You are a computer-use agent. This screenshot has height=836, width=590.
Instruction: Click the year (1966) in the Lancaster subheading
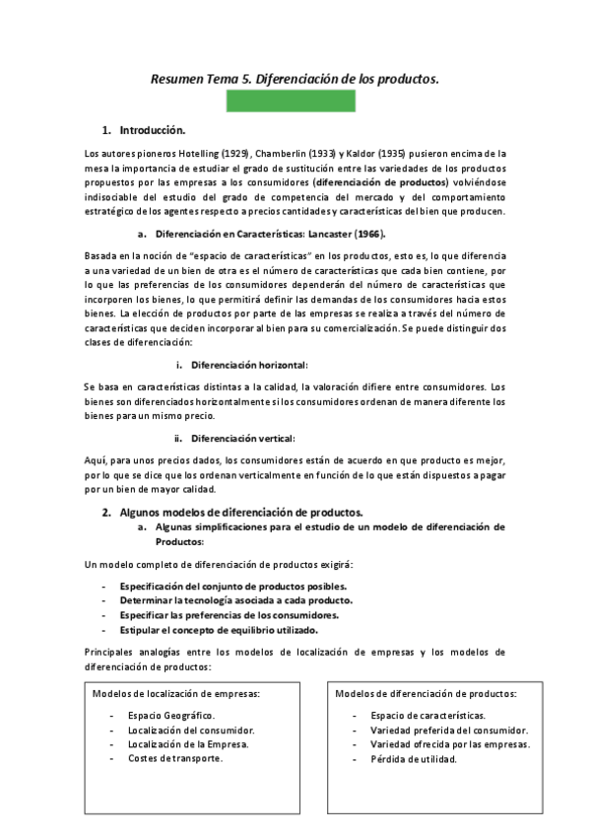(368, 234)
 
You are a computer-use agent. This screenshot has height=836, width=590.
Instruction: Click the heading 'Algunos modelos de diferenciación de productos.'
(241, 513)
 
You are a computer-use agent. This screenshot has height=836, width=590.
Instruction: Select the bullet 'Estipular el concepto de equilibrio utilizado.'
(219, 630)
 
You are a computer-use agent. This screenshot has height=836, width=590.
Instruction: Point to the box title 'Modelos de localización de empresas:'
(176, 694)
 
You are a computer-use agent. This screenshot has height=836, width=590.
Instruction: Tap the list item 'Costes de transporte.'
(174, 759)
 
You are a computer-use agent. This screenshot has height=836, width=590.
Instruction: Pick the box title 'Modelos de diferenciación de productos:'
(426, 694)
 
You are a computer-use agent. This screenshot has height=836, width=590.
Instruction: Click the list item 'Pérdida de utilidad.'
(415, 759)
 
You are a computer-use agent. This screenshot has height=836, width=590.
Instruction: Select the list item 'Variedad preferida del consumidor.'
(449, 730)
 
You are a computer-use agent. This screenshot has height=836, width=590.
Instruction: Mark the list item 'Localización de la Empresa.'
(187, 744)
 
